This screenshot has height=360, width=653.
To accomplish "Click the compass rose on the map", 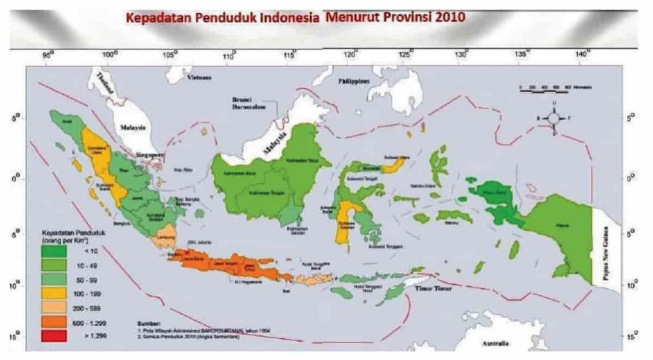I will (x=553, y=118).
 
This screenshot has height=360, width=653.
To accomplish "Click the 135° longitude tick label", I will (x=521, y=53).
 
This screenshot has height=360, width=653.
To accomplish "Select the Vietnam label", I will (x=200, y=77).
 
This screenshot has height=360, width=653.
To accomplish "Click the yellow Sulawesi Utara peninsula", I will (x=394, y=167).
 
